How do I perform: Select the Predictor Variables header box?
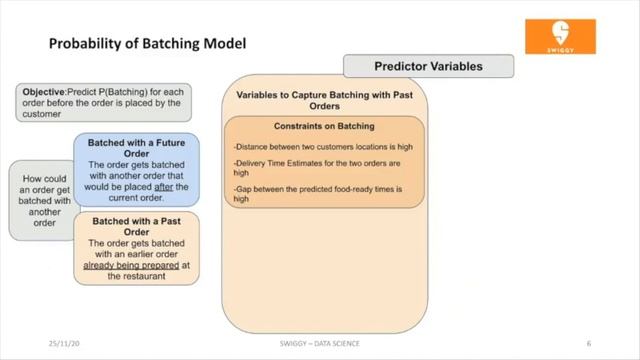click(x=428, y=67)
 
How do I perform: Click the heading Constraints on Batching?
click(x=324, y=127)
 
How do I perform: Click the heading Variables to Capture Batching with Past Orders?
click(x=324, y=102)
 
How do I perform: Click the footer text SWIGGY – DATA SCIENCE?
click(x=320, y=343)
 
